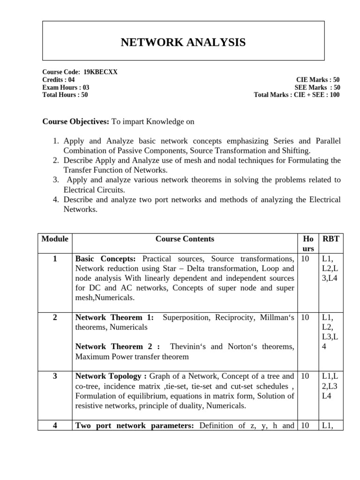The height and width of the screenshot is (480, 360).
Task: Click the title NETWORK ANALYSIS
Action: tap(183, 43)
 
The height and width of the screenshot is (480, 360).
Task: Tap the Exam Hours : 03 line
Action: tap(66, 87)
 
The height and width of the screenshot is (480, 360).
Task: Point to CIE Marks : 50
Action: tap(318, 80)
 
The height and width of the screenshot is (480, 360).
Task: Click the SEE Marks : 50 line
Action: tap(317, 87)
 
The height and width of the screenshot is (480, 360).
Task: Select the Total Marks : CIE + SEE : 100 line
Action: tap(297, 95)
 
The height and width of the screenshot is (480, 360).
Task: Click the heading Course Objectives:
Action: tap(75, 121)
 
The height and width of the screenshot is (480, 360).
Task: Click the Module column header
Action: tap(55, 239)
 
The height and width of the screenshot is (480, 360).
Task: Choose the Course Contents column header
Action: tap(185, 239)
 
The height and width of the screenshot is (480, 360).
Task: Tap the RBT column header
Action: tap(330, 239)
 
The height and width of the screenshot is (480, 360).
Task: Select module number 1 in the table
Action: tap(55, 259)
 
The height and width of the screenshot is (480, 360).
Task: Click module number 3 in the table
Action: tap(55, 376)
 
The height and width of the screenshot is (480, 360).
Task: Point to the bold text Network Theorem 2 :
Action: tap(118, 346)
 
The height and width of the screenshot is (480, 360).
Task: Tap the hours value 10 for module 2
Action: tap(305, 317)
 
